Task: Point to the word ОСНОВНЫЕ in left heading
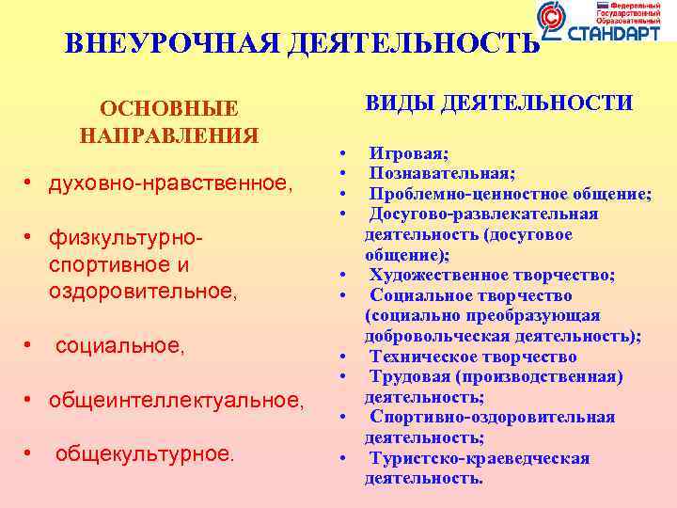169,109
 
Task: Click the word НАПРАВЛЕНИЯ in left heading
169,135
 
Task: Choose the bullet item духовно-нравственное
170,186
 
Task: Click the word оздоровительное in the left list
142,292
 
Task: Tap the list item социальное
119,347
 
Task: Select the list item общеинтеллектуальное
176,402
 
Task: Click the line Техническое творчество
472,357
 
